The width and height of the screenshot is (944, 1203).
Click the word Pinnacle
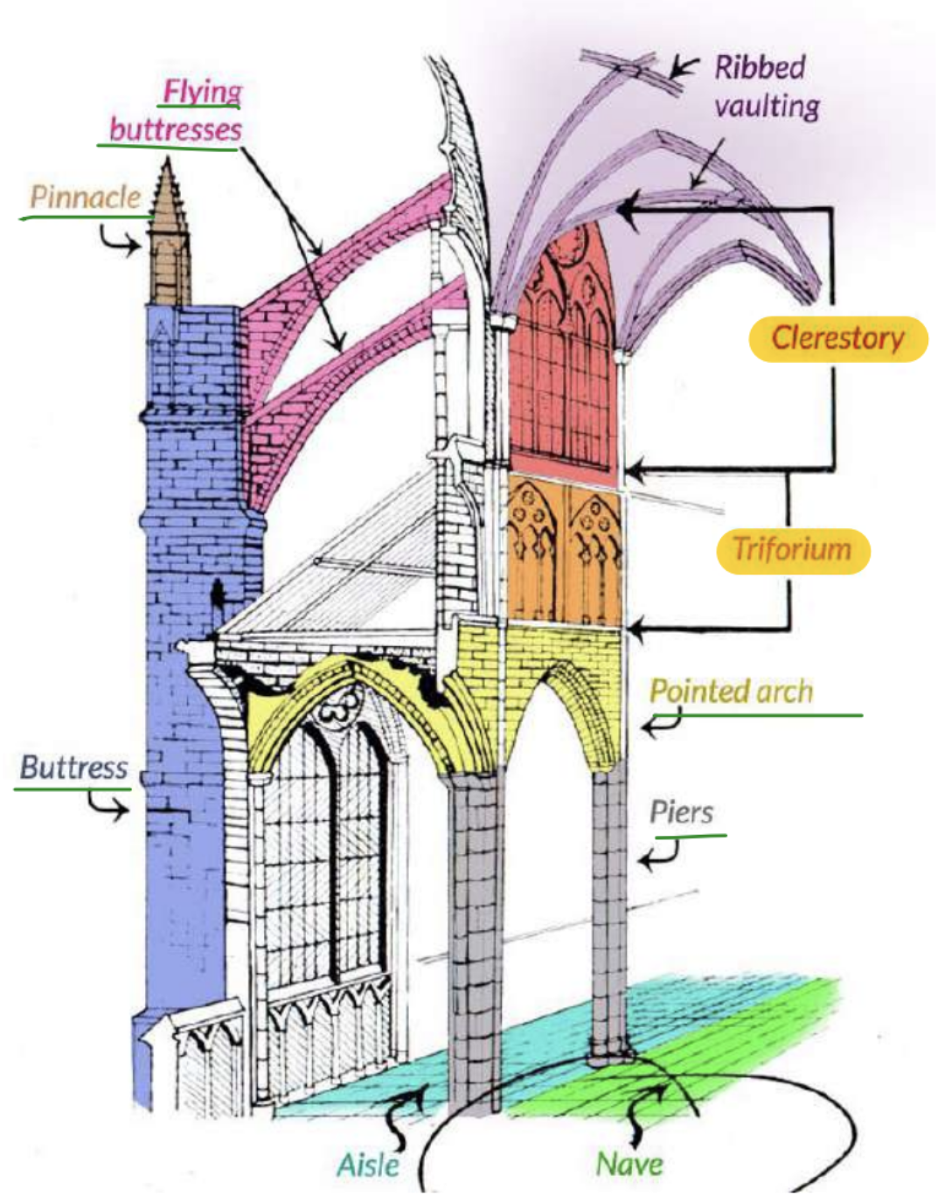coord(85,198)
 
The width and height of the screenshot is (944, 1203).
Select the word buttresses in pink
coord(176,130)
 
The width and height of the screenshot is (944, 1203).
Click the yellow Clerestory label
coord(837,339)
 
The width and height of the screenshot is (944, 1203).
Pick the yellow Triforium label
coord(793,551)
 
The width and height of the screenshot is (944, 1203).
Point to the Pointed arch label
coord(731,692)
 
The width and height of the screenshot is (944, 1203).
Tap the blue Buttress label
coord(73,768)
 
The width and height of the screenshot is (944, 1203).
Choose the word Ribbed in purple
coord(760,67)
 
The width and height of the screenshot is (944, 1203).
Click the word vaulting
coord(767,107)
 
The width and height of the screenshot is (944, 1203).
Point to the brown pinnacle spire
coord(170,233)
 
